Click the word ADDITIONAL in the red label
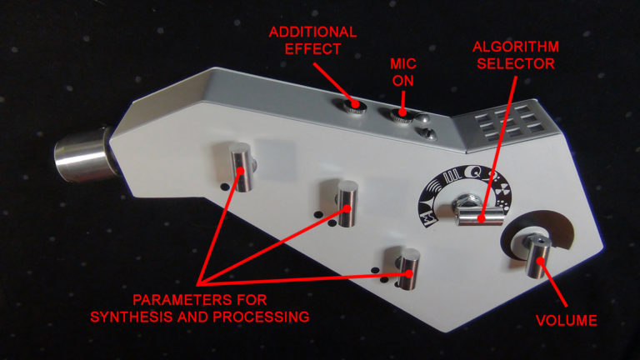click(x=312, y=32)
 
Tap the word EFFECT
click(x=312, y=49)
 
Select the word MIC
click(x=402, y=64)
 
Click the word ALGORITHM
click(x=516, y=47)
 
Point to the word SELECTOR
click(x=516, y=63)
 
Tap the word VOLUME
click(x=567, y=320)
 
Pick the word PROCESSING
click(x=261, y=317)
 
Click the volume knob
click(x=537, y=256)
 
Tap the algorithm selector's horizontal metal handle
click(x=480, y=217)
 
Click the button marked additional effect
click(x=354, y=106)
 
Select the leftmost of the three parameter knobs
click(x=242, y=167)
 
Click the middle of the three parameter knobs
click(x=347, y=202)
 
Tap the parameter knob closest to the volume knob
click(x=409, y=268)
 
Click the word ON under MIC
click(x=402, y=81)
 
